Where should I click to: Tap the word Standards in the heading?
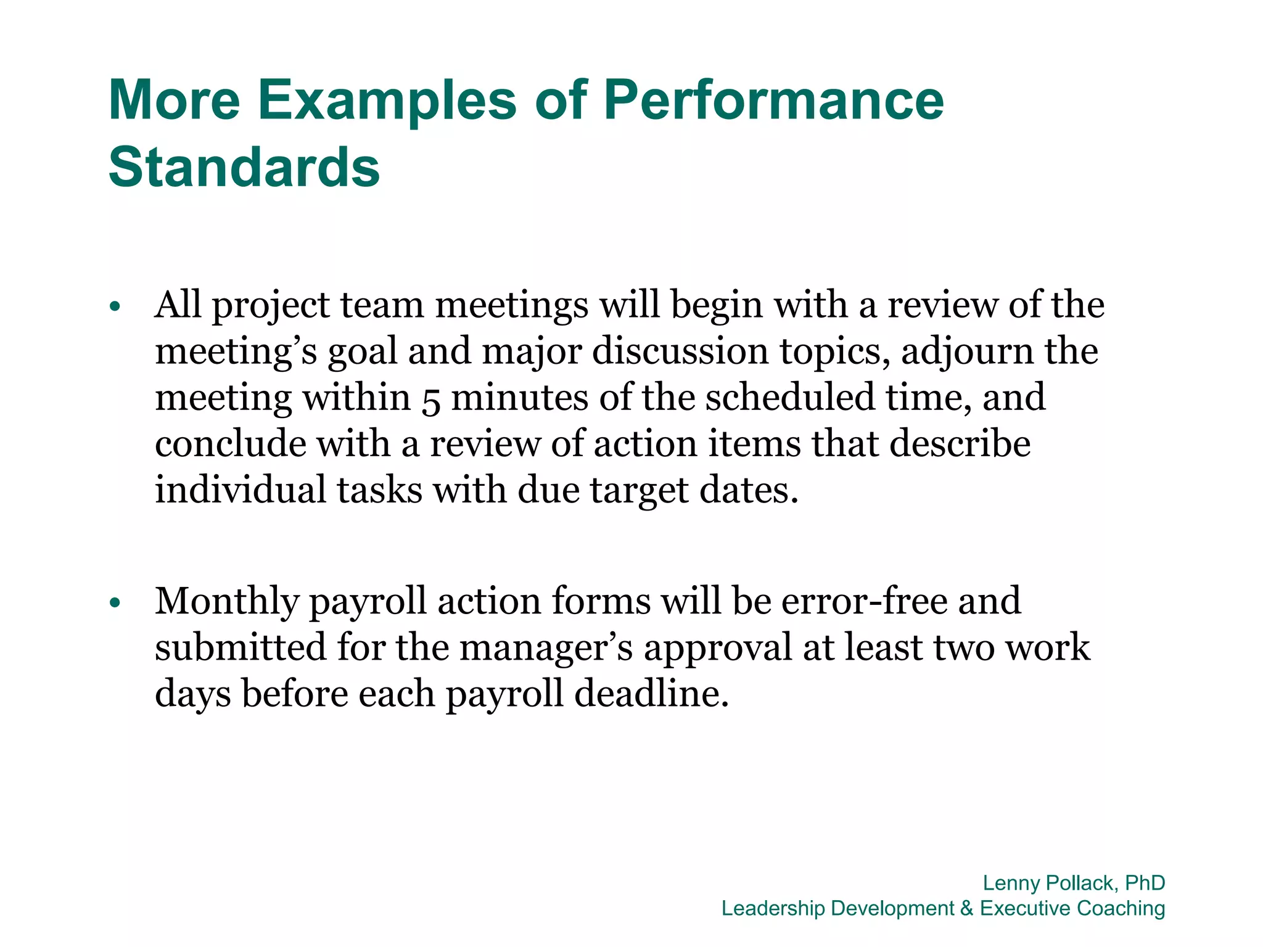244,168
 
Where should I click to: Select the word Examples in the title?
387,100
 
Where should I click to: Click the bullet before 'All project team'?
114,306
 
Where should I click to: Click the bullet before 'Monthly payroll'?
114,602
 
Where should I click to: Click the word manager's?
546,648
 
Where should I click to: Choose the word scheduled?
790,398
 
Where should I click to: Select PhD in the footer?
1145,883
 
